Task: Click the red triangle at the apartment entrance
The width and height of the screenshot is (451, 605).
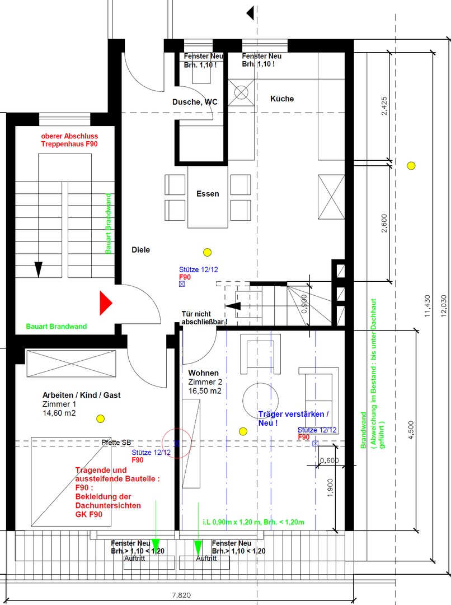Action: click(105, 303)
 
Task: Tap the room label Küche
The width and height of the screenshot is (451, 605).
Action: click(281, 99)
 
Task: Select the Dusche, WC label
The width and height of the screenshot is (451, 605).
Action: click(195, 101)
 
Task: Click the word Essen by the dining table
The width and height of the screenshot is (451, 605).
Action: click(208, 194)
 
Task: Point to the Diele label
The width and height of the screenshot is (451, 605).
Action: click(140, 250)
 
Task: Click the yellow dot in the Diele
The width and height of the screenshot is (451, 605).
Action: click(208, 252)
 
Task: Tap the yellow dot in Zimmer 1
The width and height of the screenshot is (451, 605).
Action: click(101, 418)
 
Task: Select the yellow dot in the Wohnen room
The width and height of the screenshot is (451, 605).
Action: click(243, 431)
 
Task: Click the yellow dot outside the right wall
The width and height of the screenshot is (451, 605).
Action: click(411, 165)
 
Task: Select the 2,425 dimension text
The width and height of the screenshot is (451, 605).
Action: click(384, 106)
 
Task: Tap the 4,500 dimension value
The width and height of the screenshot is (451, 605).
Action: click(412, 429)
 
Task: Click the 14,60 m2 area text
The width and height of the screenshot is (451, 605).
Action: click(59, 413)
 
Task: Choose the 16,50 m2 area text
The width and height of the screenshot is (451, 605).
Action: click(205, 391)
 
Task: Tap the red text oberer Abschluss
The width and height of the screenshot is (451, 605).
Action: click(69, 136)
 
